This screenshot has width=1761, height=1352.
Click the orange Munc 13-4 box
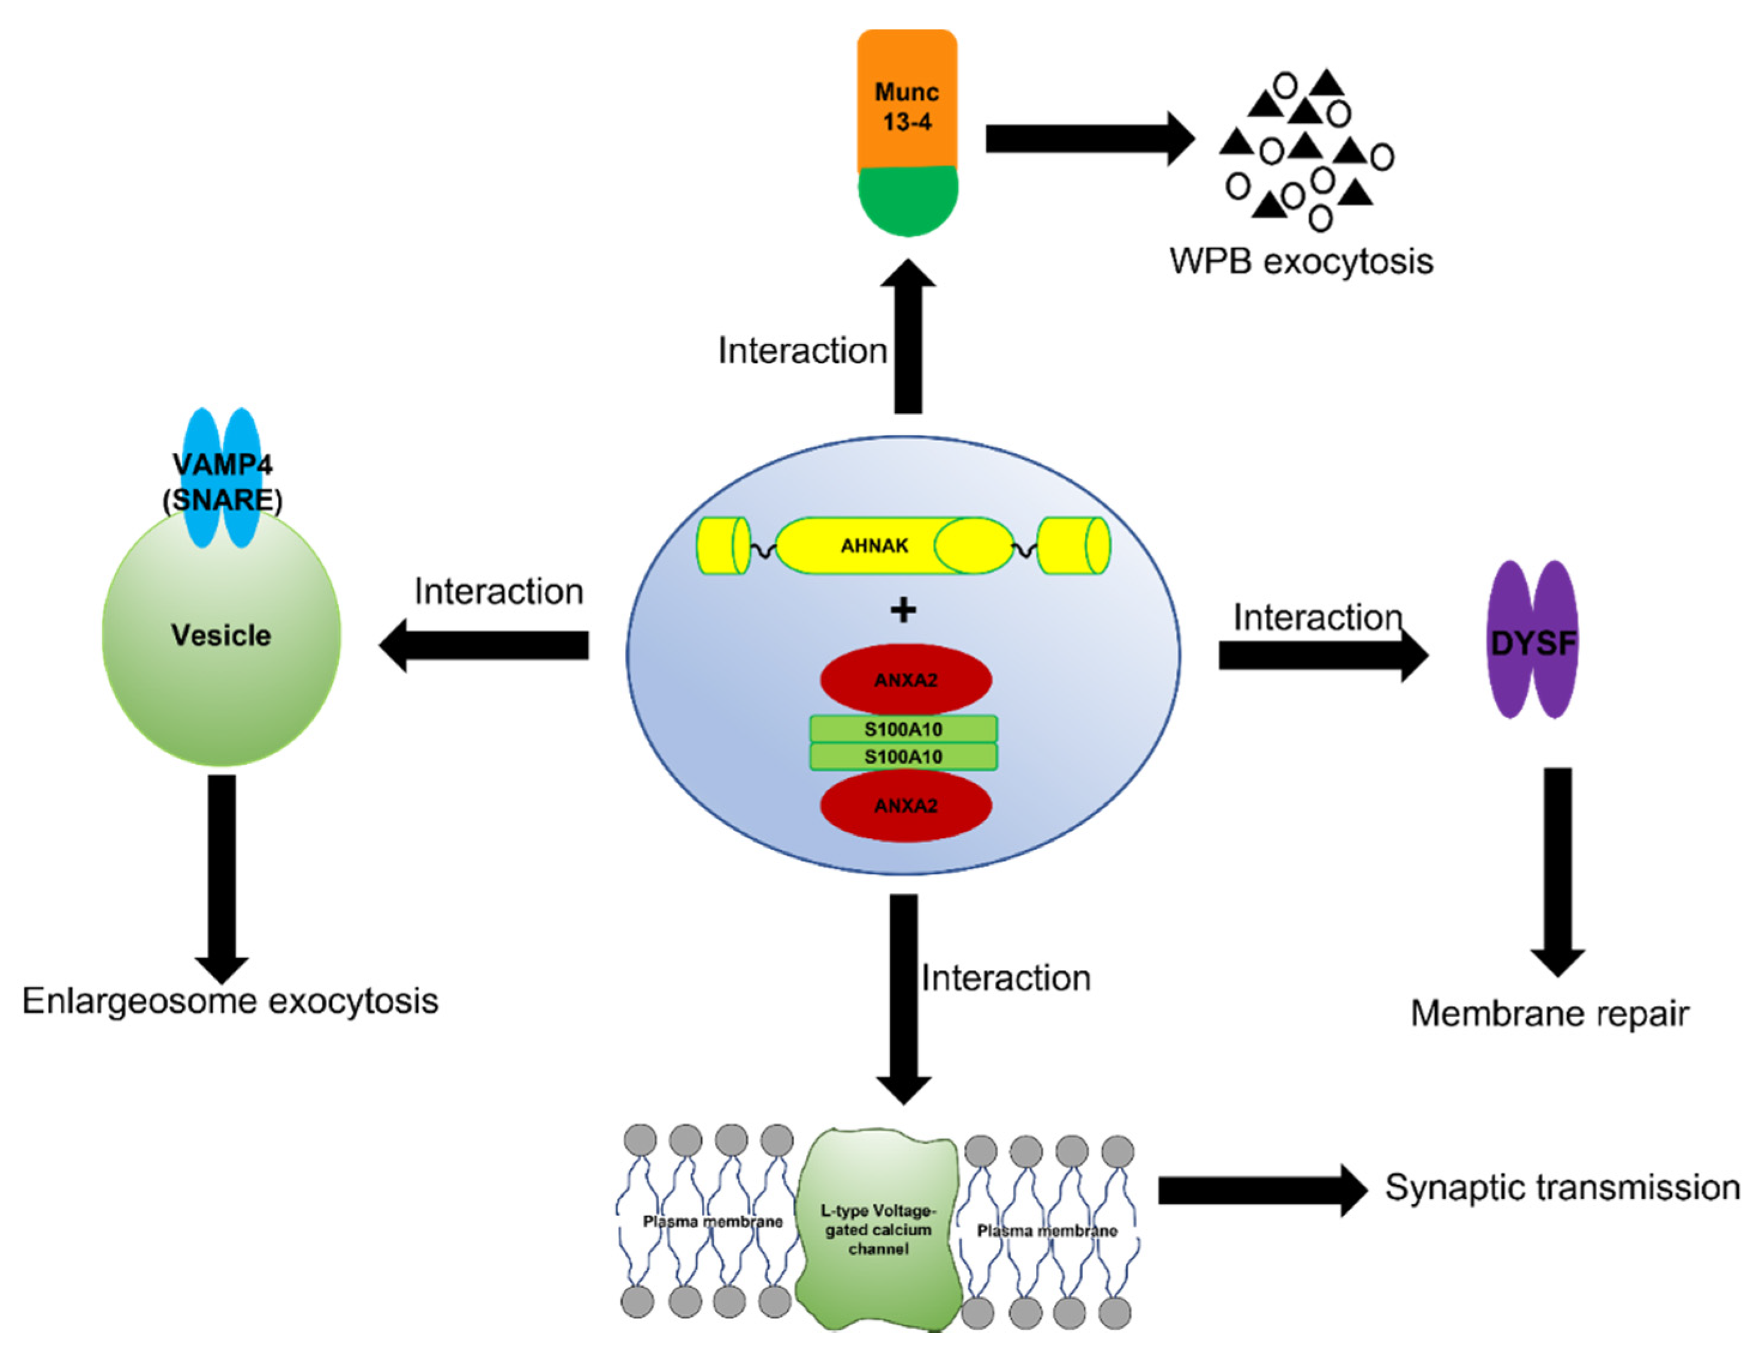(x=907, y=101)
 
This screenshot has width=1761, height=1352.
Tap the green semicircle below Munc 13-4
(x=908, y=201)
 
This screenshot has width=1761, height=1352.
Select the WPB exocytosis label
(x=1301, y=262)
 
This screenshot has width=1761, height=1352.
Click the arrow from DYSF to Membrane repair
(x=1557, y=869)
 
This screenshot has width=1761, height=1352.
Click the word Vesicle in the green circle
(x=220, y=636)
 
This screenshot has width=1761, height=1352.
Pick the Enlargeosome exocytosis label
(x=230, y=1001)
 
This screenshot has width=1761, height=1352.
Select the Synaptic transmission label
(x=1562, y=1188)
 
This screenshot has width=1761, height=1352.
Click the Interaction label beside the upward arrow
(x=802, y=351)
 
